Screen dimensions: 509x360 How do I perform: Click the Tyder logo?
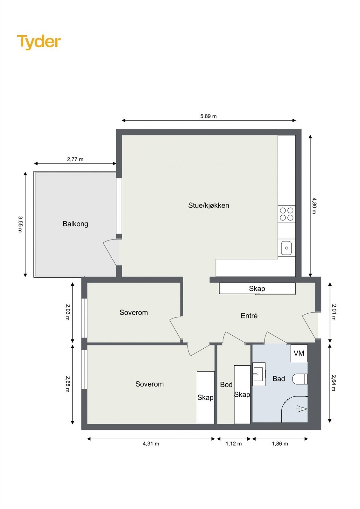click(x=39, y=42)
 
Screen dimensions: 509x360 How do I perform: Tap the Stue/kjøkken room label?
click(x=208, y=206)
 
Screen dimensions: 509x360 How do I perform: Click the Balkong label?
click(x=75, y=224)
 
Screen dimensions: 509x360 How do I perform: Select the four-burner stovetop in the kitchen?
click(x=286, y=214)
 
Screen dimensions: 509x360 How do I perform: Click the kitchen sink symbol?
click(x=286, y=248)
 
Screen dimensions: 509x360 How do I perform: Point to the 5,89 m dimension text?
click(x=208, y=116)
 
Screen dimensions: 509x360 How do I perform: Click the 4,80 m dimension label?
click(x=314, y=206)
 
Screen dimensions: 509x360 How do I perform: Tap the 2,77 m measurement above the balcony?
click(x=75, y=159)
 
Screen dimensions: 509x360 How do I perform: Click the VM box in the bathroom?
click(x=299, y=353)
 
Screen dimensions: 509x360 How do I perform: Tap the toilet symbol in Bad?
click(x=300, y=379)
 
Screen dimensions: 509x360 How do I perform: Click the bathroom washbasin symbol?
click(x=258, y=374)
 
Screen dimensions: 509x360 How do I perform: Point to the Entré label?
click(x=249, y=316)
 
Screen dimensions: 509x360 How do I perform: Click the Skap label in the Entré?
click(x=257, y=289)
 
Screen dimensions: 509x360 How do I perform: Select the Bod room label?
click(x=226, y=385)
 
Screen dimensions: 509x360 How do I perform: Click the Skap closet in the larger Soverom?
click(x=205, y=398)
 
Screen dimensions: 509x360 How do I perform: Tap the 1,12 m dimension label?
click(x=234, y=444)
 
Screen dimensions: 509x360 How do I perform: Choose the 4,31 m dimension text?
click(x=151, y=444)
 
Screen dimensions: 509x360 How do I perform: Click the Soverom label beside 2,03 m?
click(x=134, y=313)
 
